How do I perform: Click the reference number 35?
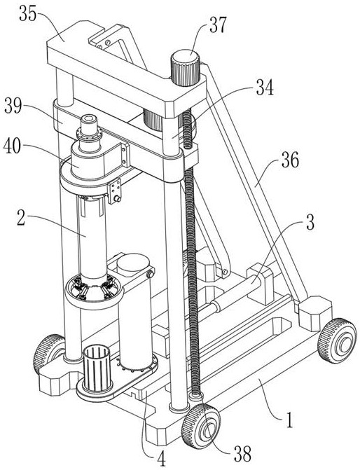click(28, 13)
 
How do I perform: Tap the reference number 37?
click(218, 25)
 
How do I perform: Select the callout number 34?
click(265, 88)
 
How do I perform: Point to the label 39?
click(13, 106)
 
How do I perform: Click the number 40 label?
click(13, 147)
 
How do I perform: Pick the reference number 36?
click(290, 160)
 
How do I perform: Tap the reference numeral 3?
click(310, 222)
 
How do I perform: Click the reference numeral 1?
click(289, 420)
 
